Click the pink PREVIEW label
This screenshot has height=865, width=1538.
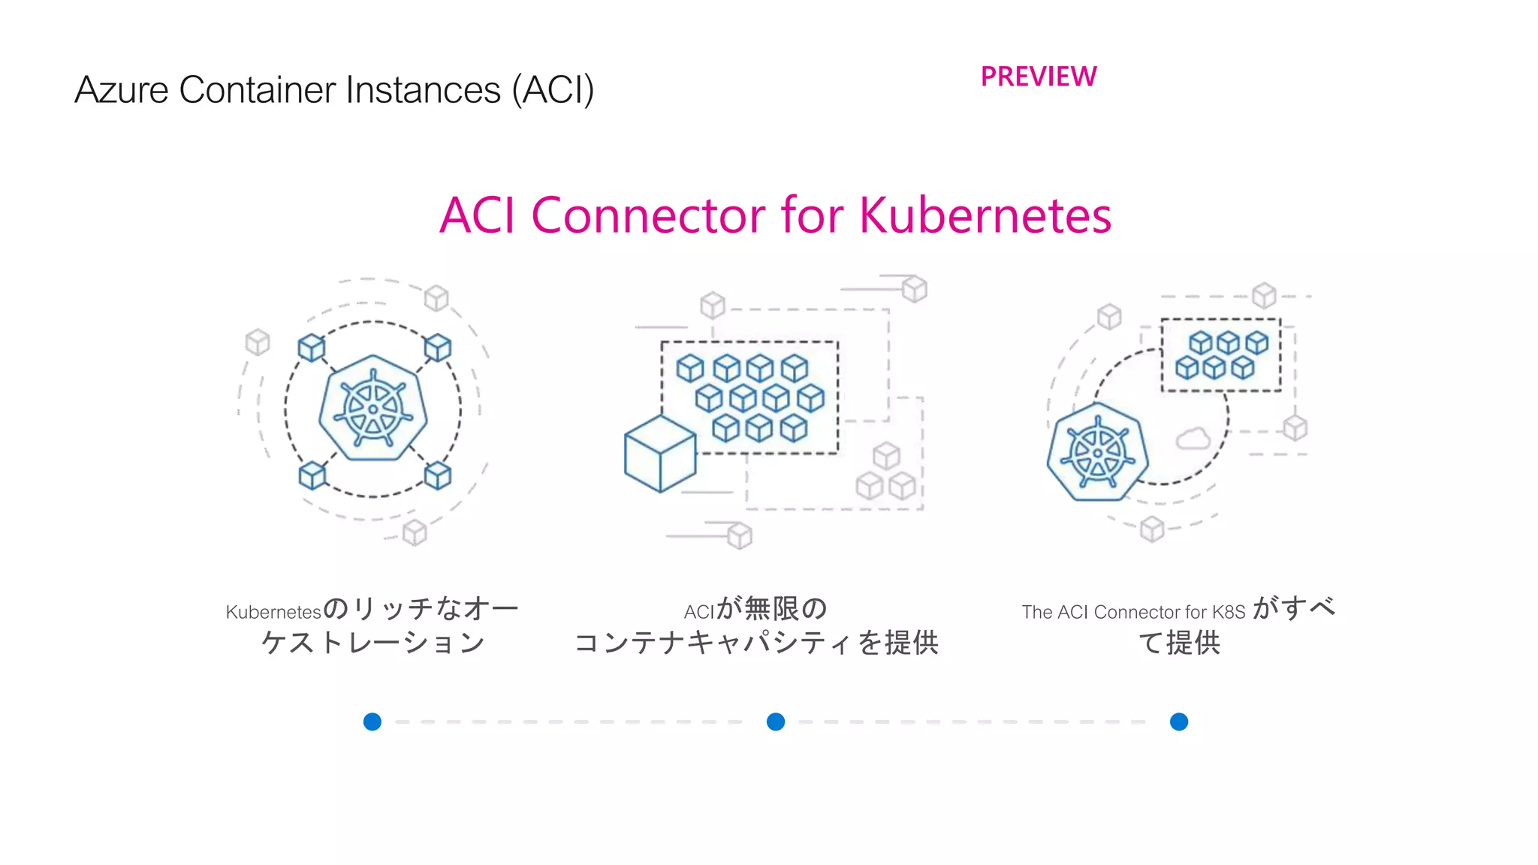tap(1039, 77)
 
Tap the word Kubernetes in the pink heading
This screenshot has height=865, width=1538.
tap(985, 215)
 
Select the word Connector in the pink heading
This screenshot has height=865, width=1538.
tap(649, 215)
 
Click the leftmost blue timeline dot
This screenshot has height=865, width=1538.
tap(372, 722)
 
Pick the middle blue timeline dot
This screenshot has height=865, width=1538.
tap(776, 722)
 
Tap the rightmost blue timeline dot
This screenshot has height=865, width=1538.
tap(1179, 722)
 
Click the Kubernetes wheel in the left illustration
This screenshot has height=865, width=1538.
tap(373, 408)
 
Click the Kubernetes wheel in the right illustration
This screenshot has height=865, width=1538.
tap(1098, 452)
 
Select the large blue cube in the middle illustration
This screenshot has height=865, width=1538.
tap(660, 454)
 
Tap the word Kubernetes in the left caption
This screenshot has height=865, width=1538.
tap(273, 612)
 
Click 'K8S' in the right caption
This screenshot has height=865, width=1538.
tap(1229, 612)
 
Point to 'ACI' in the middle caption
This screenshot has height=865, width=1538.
tap(699, 612)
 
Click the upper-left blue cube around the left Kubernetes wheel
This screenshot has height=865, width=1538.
tap(312, 348)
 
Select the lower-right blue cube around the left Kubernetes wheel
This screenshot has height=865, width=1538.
tap(438, 475)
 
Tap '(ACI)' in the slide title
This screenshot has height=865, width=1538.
tap(553, 90)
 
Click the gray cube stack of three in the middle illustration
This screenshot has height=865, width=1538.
tap(886, 473)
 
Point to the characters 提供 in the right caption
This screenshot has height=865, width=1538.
tap(1193, 643)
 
